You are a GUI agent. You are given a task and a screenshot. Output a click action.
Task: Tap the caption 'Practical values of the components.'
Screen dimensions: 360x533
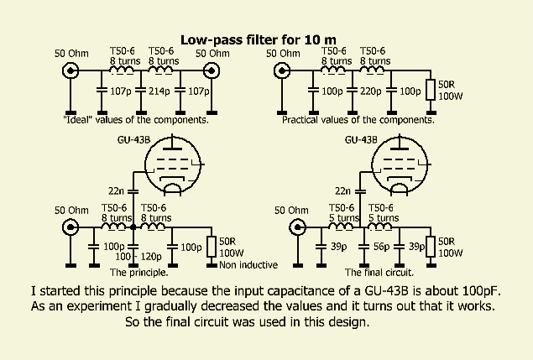tap(358, 119)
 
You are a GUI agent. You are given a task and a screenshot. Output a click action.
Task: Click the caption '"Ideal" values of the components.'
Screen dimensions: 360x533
tap(136, 119)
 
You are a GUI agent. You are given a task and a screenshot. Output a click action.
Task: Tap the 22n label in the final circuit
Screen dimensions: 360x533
tap(343, 191)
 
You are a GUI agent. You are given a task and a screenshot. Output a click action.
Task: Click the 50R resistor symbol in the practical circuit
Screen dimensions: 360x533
tap(431, 90)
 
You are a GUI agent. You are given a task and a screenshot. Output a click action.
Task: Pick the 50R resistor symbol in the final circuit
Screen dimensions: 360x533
tap(431, 247)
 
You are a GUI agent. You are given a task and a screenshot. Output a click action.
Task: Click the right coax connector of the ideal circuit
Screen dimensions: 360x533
tap(212, 70)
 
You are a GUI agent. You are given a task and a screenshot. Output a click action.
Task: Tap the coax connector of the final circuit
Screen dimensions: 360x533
tap(295, 227)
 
